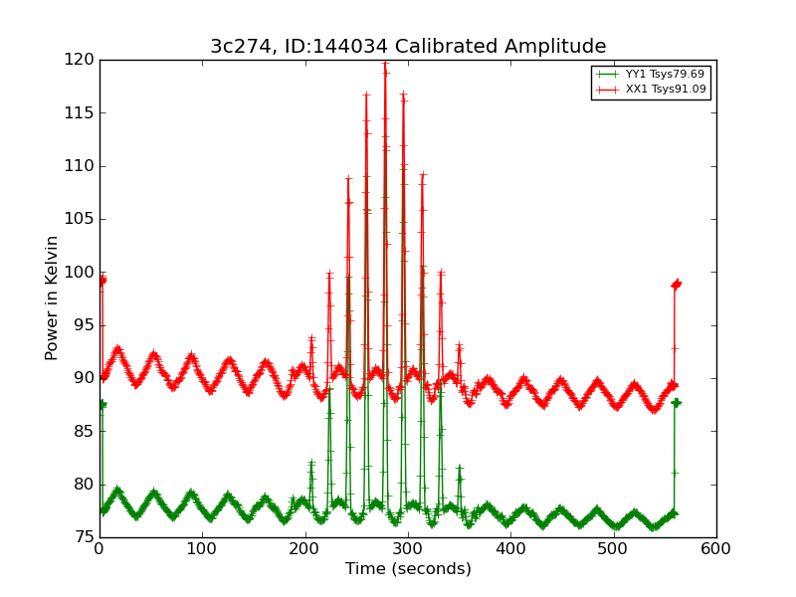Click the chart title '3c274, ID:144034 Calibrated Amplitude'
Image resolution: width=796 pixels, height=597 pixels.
pos(408,47)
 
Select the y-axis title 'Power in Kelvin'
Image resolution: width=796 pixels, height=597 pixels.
pos(52,298)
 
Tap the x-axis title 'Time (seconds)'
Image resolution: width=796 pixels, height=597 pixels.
pos(408,569)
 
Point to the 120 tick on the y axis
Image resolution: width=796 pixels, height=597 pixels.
pos(99,60)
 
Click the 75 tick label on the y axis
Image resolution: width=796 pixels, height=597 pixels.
pos(84,537)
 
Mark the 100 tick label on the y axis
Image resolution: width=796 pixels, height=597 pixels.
pos(80,272)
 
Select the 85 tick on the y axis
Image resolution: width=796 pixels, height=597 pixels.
pos(99,431)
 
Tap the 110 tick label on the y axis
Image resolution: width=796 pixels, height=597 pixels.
pos(80,166)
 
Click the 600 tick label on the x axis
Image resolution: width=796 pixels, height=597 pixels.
pos(716,547)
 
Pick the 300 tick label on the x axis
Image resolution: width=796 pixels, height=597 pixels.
pos(408,547)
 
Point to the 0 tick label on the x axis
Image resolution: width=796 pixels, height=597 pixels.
pos(99,547)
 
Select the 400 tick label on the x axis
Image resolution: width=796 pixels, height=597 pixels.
pos(510,547)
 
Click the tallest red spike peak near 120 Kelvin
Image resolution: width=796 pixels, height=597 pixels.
pos(385,64)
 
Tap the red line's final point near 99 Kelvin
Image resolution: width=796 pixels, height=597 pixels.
pos(677,284)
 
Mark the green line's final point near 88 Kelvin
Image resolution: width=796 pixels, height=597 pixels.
pos(677,402)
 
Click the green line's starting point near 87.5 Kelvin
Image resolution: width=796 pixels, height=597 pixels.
pos(101,404)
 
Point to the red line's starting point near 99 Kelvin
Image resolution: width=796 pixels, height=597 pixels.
pos(101,281)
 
